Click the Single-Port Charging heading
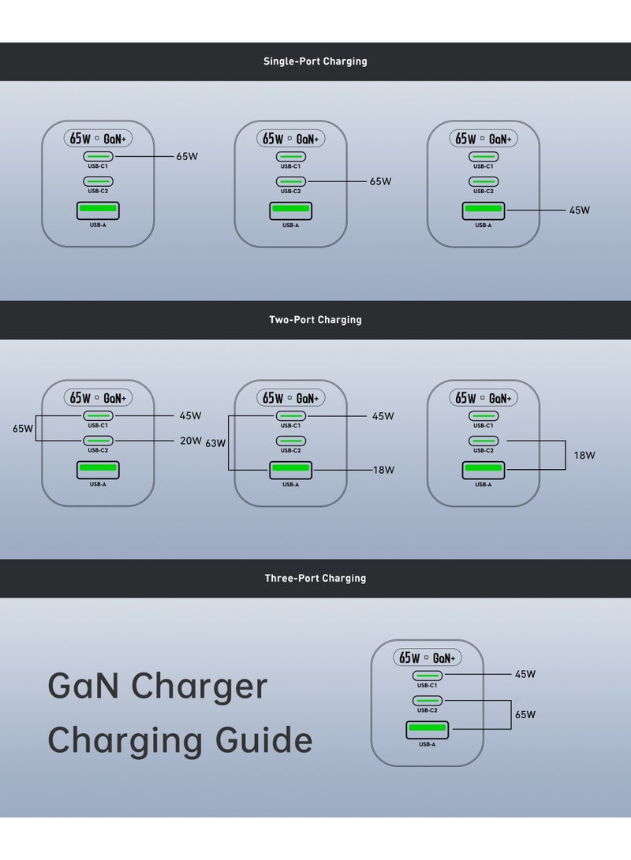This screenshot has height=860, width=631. click(x=315, y=61)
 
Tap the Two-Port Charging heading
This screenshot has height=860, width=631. click(x=315, y=320)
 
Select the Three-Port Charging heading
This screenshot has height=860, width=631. click(x=315, y=579)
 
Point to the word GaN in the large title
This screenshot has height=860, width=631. click(x=84, y=686)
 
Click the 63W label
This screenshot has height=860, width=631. click(x=215, y=444)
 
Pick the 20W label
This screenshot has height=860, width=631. click(x=191, y=441)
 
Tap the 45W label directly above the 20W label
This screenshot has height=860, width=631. click(x=191, y=416)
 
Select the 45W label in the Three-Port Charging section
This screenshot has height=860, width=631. click(x=525, y=675)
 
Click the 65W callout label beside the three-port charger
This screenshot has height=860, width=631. click(x=525, y=715)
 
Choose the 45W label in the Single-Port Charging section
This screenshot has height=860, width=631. click(x=580, y=210)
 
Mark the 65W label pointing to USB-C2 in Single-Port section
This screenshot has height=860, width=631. click(x=380, y=182)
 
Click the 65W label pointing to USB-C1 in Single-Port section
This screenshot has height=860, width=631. click(x=187, y=157)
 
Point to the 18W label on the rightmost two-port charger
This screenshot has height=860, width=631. click(x=584, y=456)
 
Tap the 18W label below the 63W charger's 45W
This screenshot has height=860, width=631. click(x=383, y=470)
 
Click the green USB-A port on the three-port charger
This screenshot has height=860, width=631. click(x=428, y=730)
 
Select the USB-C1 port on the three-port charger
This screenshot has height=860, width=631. click(x=428, y=676)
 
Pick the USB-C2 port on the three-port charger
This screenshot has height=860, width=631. click(x=428, y=701)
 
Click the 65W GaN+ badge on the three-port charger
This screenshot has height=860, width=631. click(x=428, y=657)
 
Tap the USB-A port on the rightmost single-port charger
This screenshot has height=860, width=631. click(x=484, y=210)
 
